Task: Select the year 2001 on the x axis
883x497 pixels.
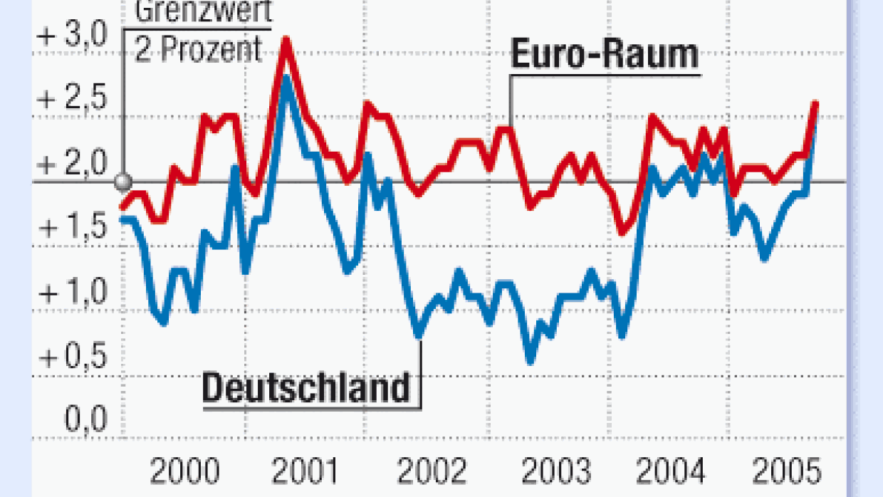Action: (307, 471)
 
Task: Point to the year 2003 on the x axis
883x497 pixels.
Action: (555, 471)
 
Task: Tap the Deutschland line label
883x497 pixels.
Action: (307, 389)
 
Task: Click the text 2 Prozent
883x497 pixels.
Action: (199, 50)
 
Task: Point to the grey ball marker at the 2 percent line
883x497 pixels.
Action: (124, 182)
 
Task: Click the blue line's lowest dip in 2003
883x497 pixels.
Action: (530, 360)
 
